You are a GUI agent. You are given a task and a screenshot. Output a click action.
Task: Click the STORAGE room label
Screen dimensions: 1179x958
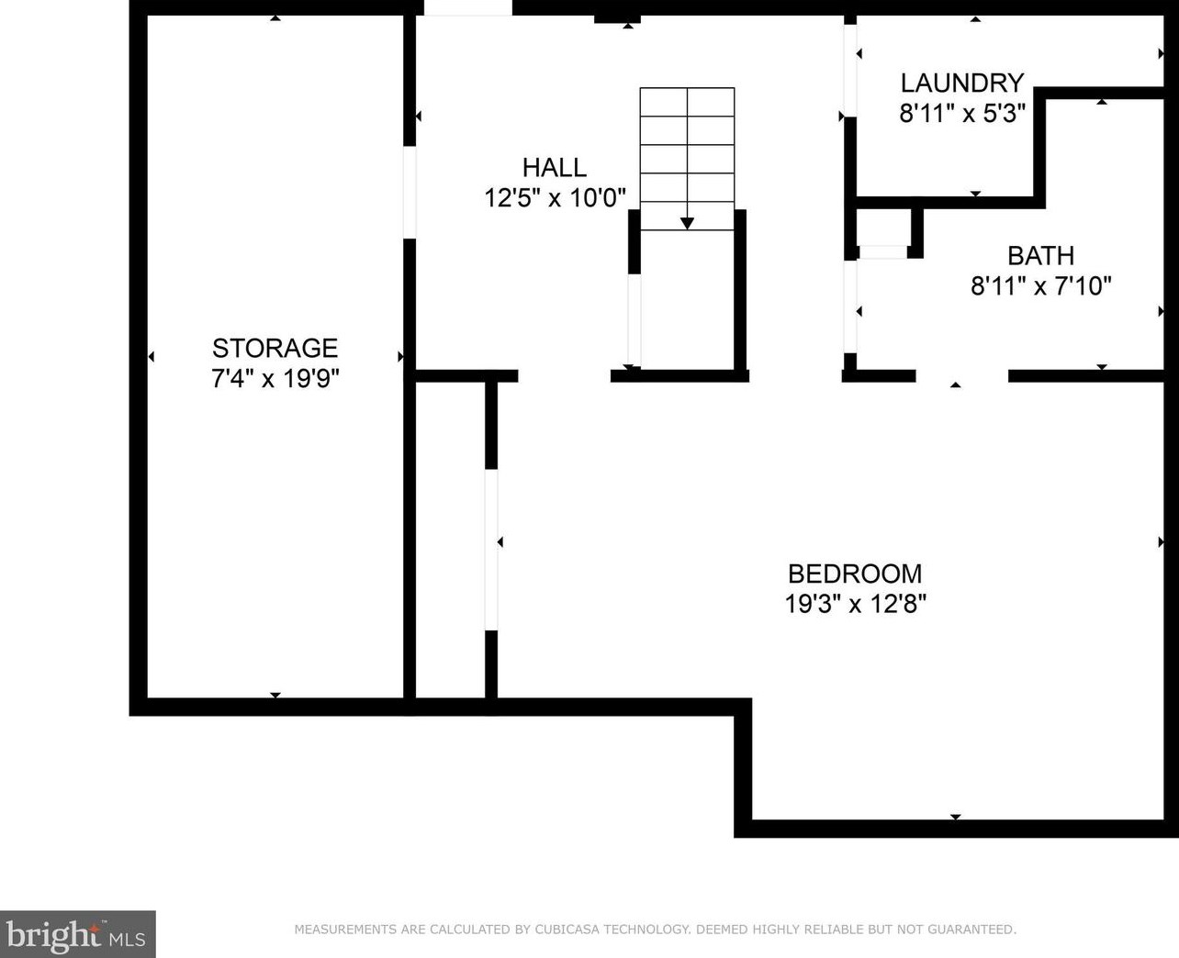click(x=275, y=348)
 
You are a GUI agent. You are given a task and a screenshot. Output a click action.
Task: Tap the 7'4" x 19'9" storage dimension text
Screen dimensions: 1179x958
click(x=275, y=379)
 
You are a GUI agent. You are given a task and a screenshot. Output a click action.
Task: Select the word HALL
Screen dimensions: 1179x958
click(x=555, y=168)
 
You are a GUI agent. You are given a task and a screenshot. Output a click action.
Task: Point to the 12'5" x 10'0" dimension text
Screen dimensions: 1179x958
click(x=556, y=198)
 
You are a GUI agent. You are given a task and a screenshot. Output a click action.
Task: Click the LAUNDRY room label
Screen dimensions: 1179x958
click(x=962, y=83)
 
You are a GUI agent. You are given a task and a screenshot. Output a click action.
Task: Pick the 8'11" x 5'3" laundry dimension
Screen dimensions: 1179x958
click(x=962, y=114)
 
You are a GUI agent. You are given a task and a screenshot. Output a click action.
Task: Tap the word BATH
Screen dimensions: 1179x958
click(x=1041, y=255)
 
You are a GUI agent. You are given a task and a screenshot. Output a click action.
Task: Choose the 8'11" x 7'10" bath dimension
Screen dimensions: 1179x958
click(x=1041, y=286)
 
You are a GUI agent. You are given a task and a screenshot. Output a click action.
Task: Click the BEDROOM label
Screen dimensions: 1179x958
click(x=855, y=574)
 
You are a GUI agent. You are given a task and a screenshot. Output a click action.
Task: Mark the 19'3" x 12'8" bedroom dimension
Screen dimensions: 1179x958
click(x=855, y=604)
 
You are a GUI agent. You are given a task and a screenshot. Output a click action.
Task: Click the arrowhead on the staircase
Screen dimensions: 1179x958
click(x=687, y=224)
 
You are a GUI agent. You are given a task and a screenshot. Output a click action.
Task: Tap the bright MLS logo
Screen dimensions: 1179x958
click(x=77, y=934)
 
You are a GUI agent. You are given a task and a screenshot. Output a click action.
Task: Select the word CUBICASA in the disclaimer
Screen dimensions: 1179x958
click(x=567, y=930)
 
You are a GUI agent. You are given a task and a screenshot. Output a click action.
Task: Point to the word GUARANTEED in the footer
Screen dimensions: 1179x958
click(x=971, y=930)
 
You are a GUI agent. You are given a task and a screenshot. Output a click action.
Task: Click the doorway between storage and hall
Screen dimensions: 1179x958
click(x=410, y=193)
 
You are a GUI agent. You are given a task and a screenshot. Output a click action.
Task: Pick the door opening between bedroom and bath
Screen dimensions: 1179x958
click(x=962, y=376)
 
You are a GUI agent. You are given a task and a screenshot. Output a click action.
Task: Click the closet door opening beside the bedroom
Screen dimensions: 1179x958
click(x=491, y=550)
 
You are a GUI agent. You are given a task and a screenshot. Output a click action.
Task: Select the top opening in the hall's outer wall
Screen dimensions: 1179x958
click(x=468, y=7)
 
